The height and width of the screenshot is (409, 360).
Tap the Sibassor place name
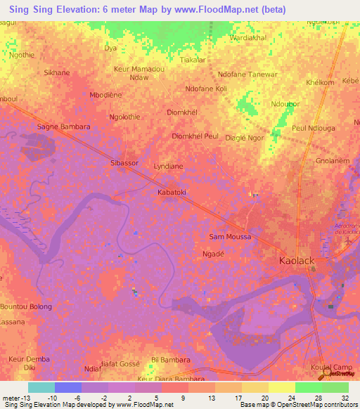click(x=125, y=163)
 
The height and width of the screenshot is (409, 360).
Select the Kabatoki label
click(x=171, y=191)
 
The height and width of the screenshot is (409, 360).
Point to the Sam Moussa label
click(x=230, y=237)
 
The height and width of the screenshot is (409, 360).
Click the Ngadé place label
click(x=213, y=253)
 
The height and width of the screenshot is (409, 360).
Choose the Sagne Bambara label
click(x=63, y=127)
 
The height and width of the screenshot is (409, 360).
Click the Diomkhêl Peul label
click(x=195, y=136)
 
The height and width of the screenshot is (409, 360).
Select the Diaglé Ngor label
click(x=245, y=138)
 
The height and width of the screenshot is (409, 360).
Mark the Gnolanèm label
click(x=332, y=161)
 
